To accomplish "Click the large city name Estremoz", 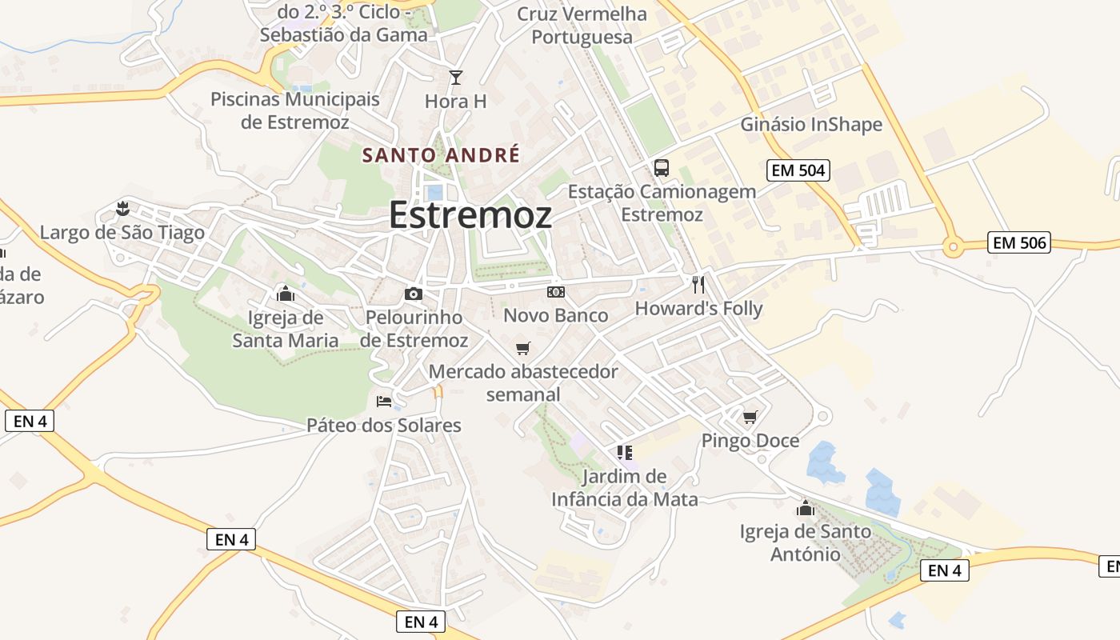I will pyautogui.click(x=470, y=215).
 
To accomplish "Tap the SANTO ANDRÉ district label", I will pyautogui.click(x=441, y=154).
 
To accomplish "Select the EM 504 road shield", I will pyautogui.click(x=798, y=170).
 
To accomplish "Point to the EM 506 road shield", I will pyautogui.click(x=1018, y=242).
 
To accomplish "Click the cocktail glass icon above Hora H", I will pyautogui.click(x=456, y=78).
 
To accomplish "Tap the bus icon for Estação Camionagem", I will pyautogui.click(x=662, y=168).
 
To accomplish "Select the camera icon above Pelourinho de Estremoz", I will pyautogui.click(x=414, y=294).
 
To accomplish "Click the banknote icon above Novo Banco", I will pyautogui.click(x=556, y=292).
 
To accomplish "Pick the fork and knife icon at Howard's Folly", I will pyautogui.click(x=698, y=284).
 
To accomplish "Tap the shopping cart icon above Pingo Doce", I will pyautogui.click(x=750, y=417).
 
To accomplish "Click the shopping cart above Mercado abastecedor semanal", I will pyautogui.click(x=523, y=348).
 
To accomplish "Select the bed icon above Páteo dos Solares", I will pyautogui.click(x=384, y=401).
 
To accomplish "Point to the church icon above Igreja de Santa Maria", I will pyautogui.click(x=285, y=294).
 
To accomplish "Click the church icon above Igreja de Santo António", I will pyautogui.click(x=805, y=508).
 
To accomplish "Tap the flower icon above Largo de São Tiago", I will pyautogui.click(x=122, y=209).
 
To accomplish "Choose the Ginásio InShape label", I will pyautogui.click(x=811, y=124).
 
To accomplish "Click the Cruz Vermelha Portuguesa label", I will pyautogui.click(x=582, y=26).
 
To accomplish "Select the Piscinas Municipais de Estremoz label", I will pyautogui.click(x=295, y=110).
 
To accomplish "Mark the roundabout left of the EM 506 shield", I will pyautogui.click(x=952, y=247).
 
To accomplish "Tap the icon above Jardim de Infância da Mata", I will pyautogui.click(x=625, y=453).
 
